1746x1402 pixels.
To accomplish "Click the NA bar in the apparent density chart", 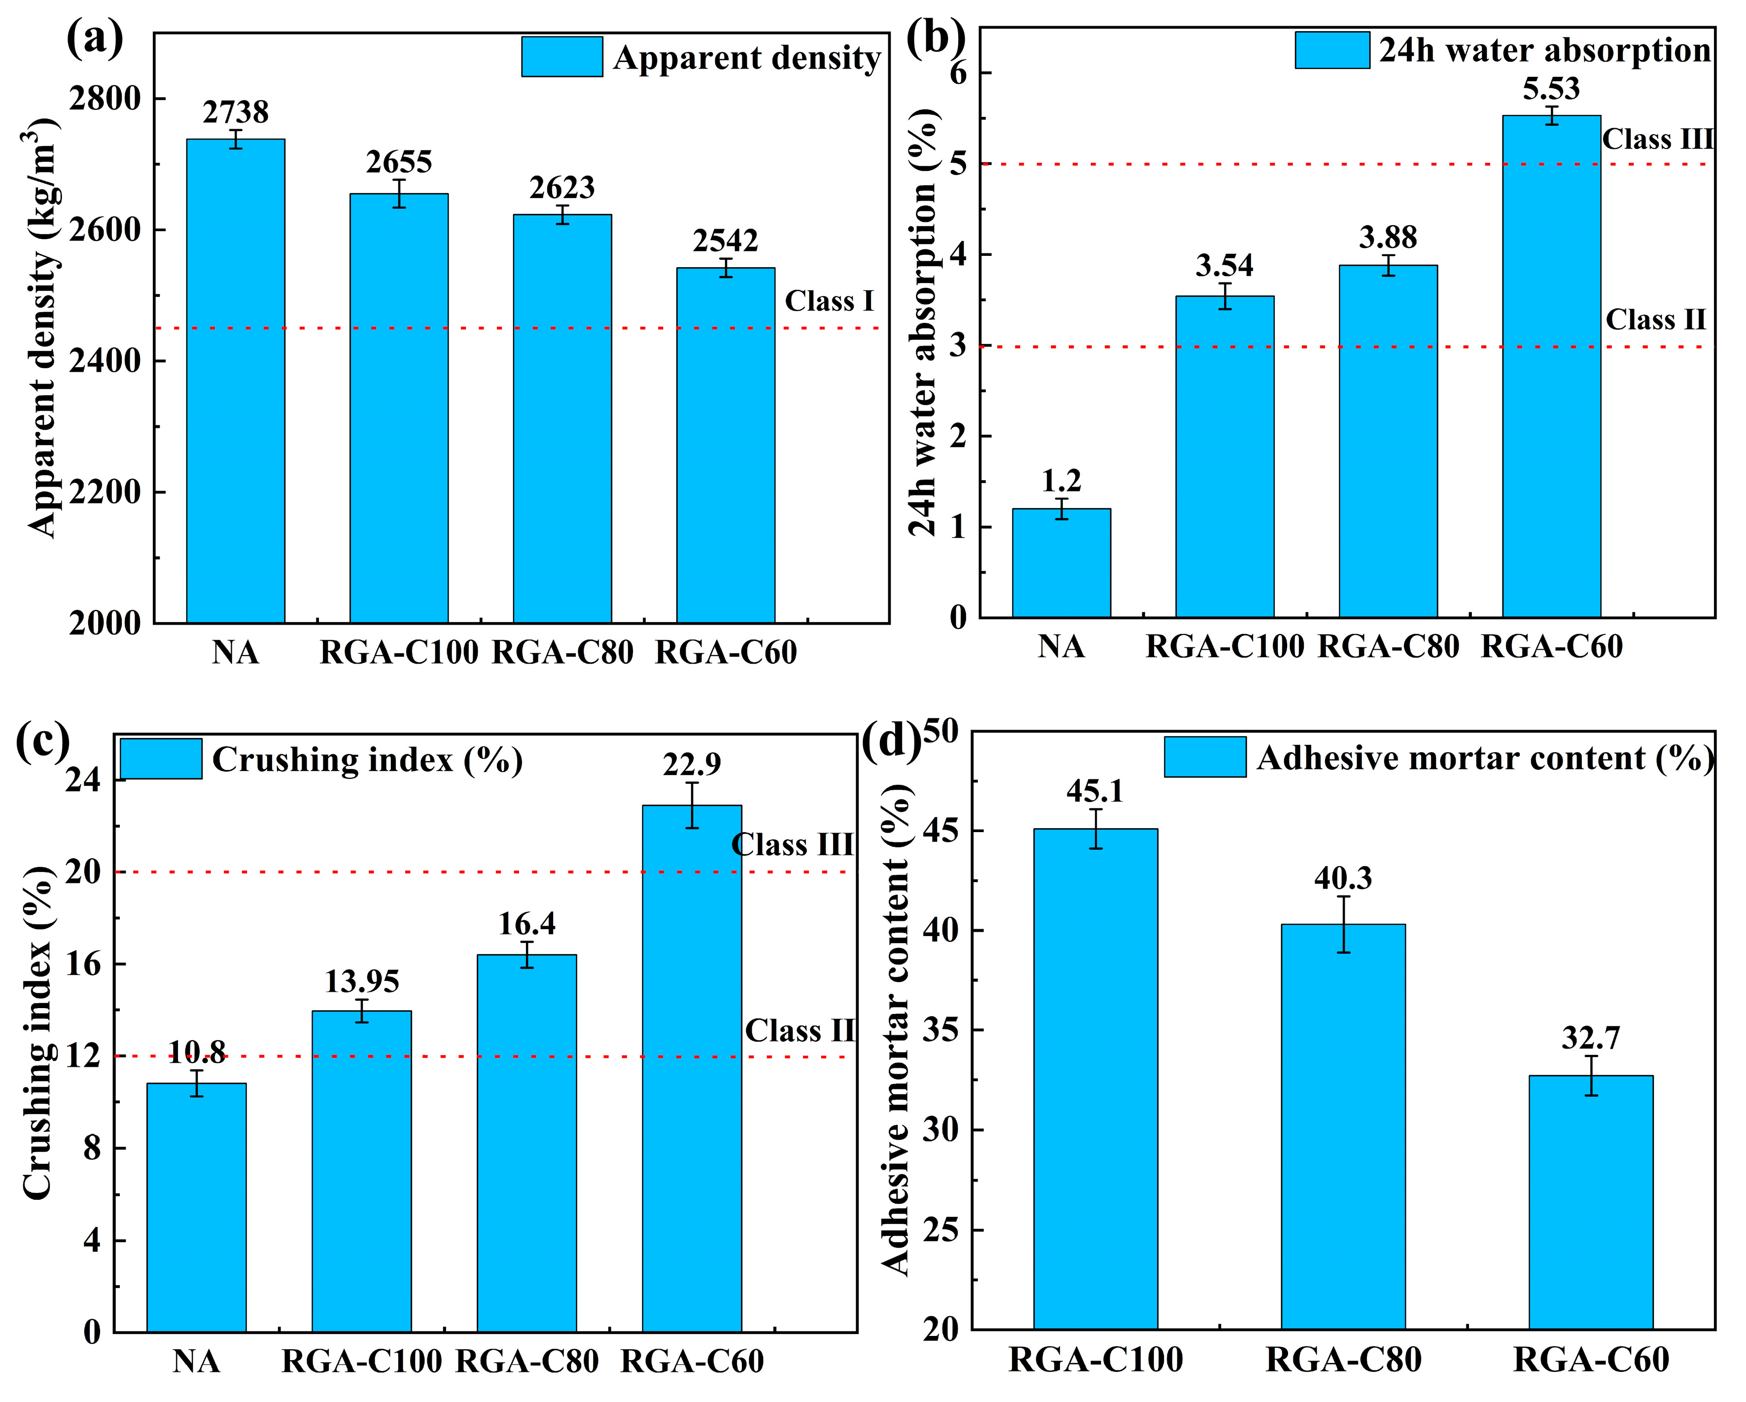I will [236, 381].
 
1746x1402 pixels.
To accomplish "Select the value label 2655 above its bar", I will [399, 163].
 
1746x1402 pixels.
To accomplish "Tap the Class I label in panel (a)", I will [829, 301].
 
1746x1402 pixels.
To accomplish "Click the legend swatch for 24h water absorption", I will [1332, 50].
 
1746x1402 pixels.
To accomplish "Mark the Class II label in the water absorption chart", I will [1655, 320].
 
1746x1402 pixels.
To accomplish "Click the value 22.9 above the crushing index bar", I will [692, 764].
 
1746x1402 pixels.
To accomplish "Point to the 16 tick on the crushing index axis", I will [84, 964].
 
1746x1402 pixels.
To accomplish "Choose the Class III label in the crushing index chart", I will [792, 845].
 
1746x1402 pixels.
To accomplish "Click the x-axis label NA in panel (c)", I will [197, 1362].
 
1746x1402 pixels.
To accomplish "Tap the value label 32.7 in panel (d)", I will [1591, 1038].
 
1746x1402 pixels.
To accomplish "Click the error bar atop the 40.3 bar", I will [1344, 924].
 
